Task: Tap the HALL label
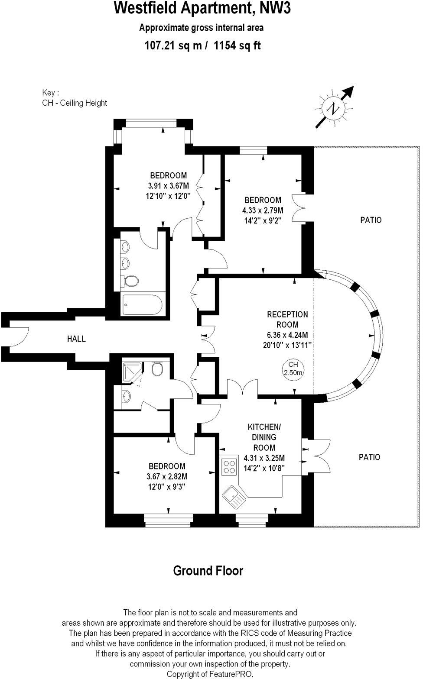[x=76, y=339]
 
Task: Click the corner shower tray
[x=131, y=372]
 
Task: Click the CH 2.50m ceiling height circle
[x=293, y=369]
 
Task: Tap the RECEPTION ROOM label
[x=287, y=320]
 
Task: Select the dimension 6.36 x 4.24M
[x=287, y=335]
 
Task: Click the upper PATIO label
[x=371, y=220]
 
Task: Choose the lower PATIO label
[x=369, y=457]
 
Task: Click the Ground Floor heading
[x=208, y=571]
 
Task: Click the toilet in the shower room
[x=157, y=369]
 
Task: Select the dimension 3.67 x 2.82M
[x=167, y=476]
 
